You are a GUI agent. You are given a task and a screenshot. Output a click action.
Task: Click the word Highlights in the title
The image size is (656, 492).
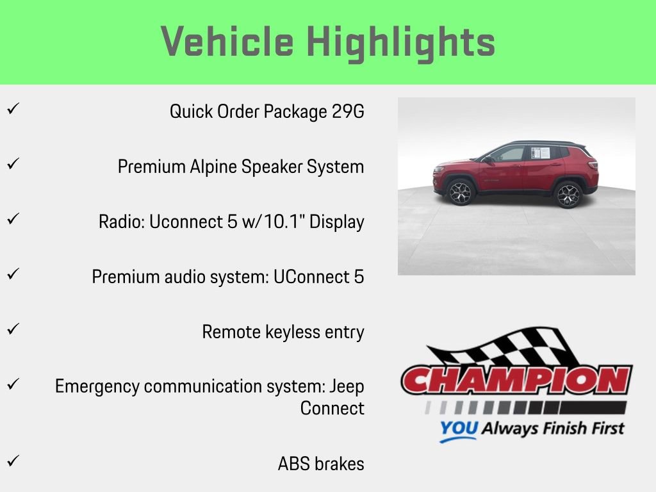coord(401,42)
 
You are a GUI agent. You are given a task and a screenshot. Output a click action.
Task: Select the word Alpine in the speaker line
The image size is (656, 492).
coord(214,167)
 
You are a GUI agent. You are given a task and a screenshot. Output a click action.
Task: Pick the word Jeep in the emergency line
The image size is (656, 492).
coord(346,386)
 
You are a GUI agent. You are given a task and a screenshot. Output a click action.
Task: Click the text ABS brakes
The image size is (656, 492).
coord(321,464)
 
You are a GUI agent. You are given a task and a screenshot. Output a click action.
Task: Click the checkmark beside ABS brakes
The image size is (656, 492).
coord(12,461)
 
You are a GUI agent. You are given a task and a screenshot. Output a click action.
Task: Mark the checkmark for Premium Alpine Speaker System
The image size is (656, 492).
coord(12,163)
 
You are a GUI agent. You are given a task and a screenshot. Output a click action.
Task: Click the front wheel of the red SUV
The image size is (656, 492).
coord(459,193)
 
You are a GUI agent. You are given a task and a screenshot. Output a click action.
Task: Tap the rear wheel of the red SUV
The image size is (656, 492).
coord(568,195)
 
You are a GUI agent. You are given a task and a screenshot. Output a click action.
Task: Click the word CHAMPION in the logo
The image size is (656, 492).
coord(516,381)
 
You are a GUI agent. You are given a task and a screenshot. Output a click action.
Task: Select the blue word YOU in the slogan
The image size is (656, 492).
coord(458,429)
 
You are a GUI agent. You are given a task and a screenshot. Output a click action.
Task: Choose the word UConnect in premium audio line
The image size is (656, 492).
coord(314,277)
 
